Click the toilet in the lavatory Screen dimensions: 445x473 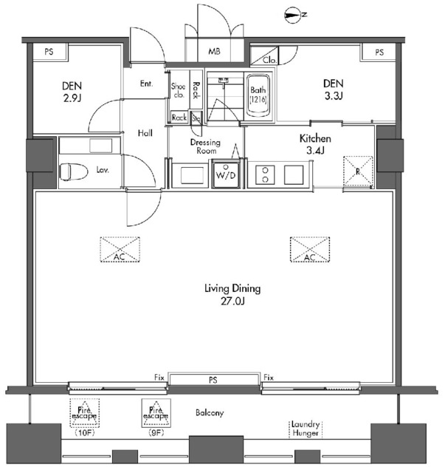point(73,171)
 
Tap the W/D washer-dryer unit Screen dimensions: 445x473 point(226,174)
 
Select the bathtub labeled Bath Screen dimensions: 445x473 point(258,95)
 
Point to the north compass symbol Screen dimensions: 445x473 point(294,16)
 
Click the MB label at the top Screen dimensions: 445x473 point(214,51)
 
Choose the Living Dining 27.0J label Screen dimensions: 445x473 point(232,295)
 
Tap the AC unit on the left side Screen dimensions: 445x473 point(120,250)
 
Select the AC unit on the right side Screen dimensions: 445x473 point(310,250)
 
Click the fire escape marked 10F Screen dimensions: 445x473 point(84,413)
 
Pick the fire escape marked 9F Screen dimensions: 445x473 point(156,413)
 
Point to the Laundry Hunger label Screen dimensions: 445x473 point(306,429)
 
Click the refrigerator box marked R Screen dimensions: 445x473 point(358,171)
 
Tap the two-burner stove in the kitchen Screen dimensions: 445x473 point(265,174)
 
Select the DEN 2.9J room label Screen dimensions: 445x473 point(72,92)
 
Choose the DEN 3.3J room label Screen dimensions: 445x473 point(334,89)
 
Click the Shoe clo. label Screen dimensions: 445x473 point(178,90)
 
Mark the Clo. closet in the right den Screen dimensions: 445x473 point(265,55)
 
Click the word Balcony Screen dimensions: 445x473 point(210,412)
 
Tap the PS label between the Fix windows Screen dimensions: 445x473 point(213,380)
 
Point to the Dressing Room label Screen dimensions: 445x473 point(206,146)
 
